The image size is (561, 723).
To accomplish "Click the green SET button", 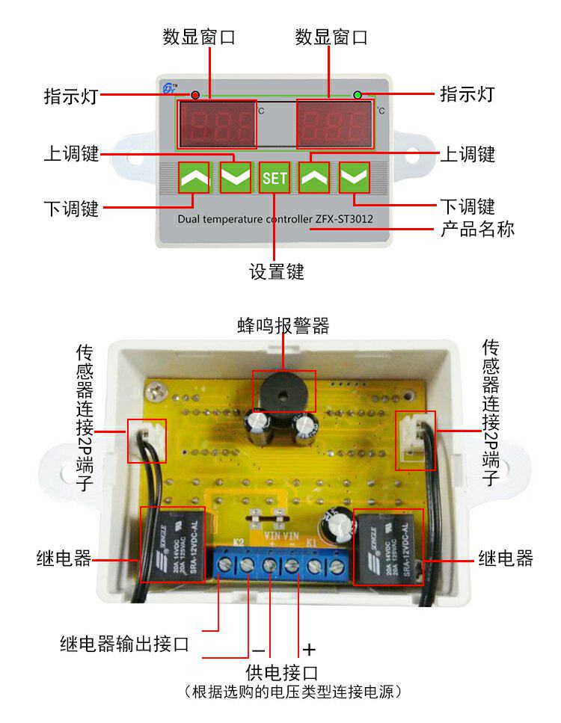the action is pyautogui.click(x=275, y=178).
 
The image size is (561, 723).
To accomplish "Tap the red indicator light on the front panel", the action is pyautogui.click(x=195, y=96).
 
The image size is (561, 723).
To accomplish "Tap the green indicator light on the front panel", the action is pyautogui.click(x=358, y=95).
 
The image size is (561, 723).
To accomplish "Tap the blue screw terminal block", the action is pyautogui.click(x=284, y=567).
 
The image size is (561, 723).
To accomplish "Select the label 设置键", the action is pyautogui.click(x=277, y=272).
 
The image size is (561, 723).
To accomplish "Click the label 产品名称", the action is pyautogui.click(x=476, y=229).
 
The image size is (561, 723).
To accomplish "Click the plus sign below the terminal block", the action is pyautogui.click(x=309, y=649).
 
